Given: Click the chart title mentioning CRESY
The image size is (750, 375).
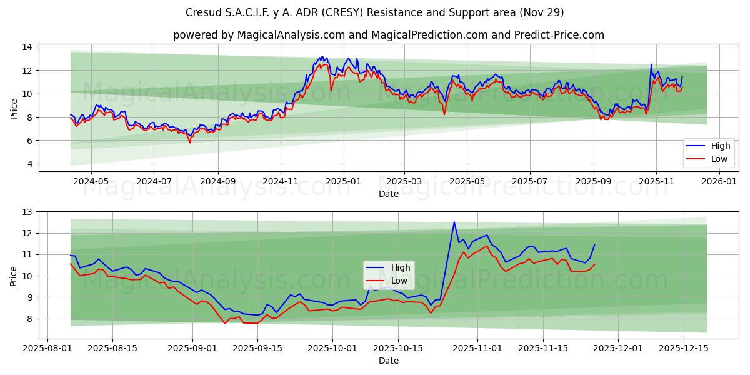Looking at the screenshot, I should [x=375, y=12].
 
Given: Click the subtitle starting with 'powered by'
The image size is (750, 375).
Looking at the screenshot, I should [x=388, y=35].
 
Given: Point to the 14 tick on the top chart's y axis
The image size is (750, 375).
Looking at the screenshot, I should [x=27, y=47].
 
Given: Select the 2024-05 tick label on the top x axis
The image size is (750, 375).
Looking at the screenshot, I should [x=91, y=181].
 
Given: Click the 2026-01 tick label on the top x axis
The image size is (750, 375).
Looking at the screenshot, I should [x=720, y=181].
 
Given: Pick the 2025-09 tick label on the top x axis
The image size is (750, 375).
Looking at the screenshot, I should [x=593, y=181].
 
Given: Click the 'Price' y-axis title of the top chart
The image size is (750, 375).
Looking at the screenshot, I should [x=14, y=109].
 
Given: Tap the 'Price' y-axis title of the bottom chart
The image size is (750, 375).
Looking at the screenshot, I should [x=14, y=276].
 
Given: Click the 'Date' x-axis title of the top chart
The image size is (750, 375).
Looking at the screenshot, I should [x=388, y=194].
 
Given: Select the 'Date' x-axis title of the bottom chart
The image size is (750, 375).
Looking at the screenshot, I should [x=388, y=361].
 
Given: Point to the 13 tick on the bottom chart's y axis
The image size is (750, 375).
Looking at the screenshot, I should [x=27, y=212].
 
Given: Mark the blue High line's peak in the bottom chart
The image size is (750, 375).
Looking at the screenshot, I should [x=454, y=222].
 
